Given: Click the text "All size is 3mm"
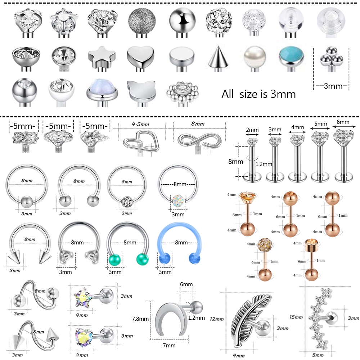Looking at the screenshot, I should coord(258,94).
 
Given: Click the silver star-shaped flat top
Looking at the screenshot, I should coord(98,56).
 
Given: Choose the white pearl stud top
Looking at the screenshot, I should coord(254,55).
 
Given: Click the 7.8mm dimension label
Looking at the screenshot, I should coord(140,319).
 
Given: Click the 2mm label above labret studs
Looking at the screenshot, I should coord(252,130).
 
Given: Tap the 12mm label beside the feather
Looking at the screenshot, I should coord(217,319).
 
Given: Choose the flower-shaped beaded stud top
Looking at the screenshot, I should coord(182,92).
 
